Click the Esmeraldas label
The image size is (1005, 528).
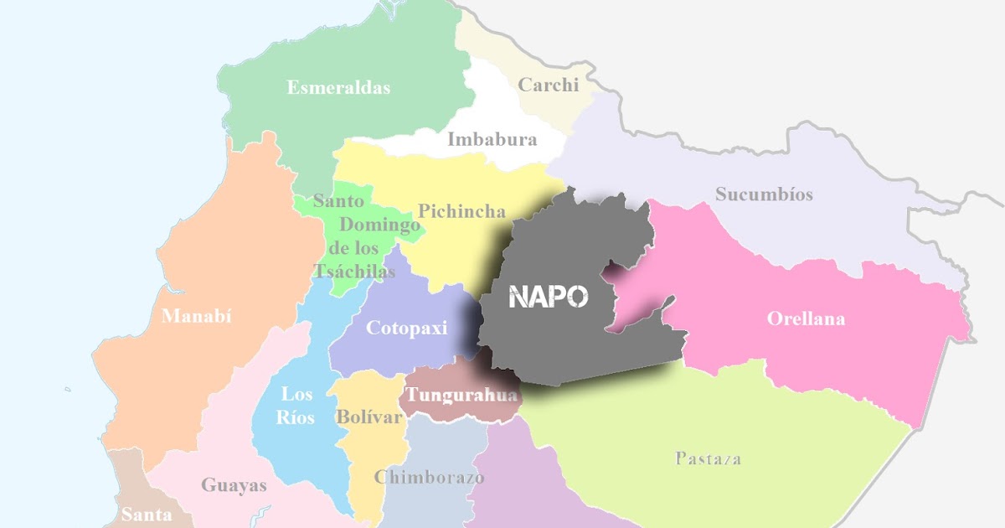click(338, 87)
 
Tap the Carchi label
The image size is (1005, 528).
click(549, 85)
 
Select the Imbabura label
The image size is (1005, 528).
click(492, 139)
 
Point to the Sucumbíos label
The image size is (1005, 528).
click(764, 194)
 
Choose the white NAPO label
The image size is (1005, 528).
click(549, 296)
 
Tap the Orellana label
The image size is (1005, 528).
click(806, 318)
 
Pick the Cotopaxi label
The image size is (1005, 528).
click(407, 328)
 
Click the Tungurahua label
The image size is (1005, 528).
click(461, 394)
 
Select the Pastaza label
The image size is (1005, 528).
click(708, 458)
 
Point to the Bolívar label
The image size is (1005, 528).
click(369, 417)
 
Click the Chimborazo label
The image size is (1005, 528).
click(429, 478)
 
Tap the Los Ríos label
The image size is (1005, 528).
click(297, 405)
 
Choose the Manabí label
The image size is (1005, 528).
click(196, 316)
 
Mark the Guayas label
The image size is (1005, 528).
click(234, 484)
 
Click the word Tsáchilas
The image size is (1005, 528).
click(353, 271)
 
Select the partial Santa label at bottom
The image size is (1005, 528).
click(147, 515)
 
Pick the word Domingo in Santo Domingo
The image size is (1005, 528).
click(379, 225)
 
